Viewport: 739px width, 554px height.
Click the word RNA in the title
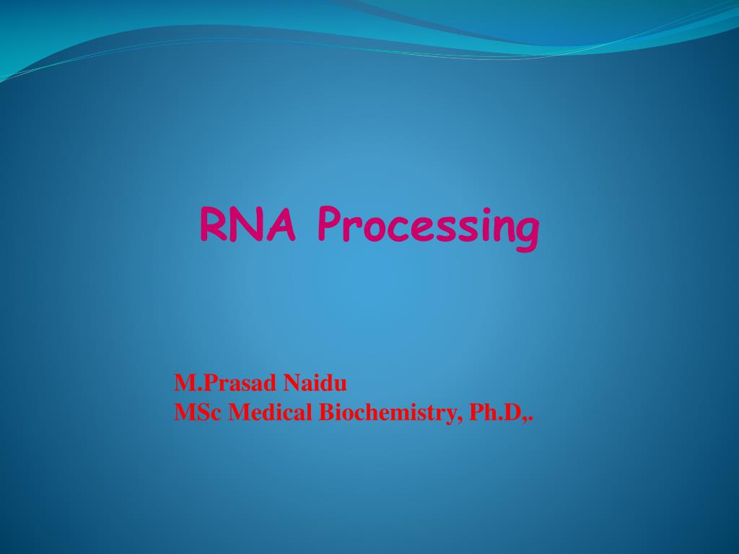pyautogui.click(x=248, y=224)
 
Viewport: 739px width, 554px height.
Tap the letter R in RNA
pyautogui.click(x=214, y=224)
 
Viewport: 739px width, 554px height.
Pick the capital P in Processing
pyautogui.click(x=331, y=224)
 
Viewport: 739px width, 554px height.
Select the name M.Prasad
pyautogui.click(x=225, y=382)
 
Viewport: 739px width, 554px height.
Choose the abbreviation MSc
pyautogui.click(x=198, y=413)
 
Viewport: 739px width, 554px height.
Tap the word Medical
pyautogui.click(x=271, y=413)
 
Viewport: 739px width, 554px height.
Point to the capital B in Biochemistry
pyautogui.click(x=326, y=413)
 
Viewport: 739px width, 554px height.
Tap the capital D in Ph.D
pyautogui.click(x=514, y=413)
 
